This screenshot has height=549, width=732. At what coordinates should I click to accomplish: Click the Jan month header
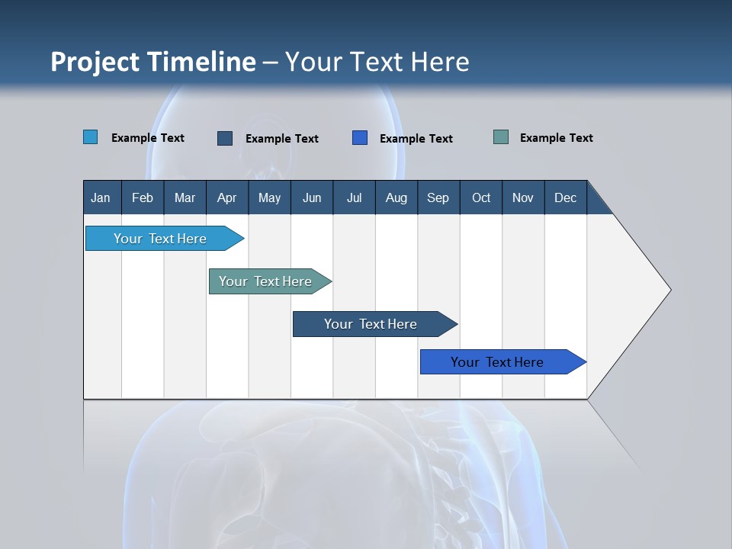pos(101,197)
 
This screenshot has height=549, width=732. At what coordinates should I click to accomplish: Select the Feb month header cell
pos(143,197)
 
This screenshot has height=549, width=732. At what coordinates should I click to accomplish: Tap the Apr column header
pos(226,197)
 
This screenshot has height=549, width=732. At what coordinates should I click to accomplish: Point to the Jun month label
pos(312,197)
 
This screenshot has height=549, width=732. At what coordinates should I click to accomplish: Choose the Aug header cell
pos(396,197)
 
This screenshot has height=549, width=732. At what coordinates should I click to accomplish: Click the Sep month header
pos(438,197)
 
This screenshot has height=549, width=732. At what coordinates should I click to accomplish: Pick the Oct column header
pos(481,197)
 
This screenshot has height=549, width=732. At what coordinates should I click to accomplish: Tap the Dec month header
pos(565,197)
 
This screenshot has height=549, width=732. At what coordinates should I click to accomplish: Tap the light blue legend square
pos(91,137)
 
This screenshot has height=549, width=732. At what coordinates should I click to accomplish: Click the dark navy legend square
pos(225,138)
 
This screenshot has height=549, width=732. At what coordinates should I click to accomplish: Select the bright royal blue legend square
pos(360,138)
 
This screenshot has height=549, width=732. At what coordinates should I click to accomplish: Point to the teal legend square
pos(501,137)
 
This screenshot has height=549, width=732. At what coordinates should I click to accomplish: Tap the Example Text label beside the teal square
pos(556,138)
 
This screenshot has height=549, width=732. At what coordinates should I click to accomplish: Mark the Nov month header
pos(523,197)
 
